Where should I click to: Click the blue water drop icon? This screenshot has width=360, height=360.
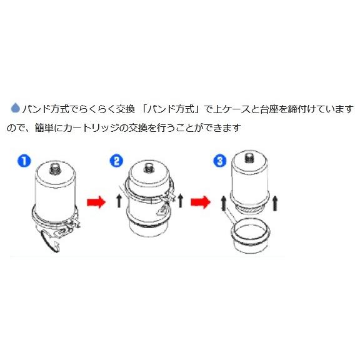[15, 107]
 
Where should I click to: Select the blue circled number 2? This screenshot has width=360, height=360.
[116, 161]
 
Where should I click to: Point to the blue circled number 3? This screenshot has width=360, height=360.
[219, 161]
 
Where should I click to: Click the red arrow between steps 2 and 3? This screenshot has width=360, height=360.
[201, 202]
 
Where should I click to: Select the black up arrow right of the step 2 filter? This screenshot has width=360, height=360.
[181, 201]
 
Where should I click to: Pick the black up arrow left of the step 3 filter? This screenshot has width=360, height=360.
[222, 202]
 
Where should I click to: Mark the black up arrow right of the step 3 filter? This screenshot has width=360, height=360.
[276, 202]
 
